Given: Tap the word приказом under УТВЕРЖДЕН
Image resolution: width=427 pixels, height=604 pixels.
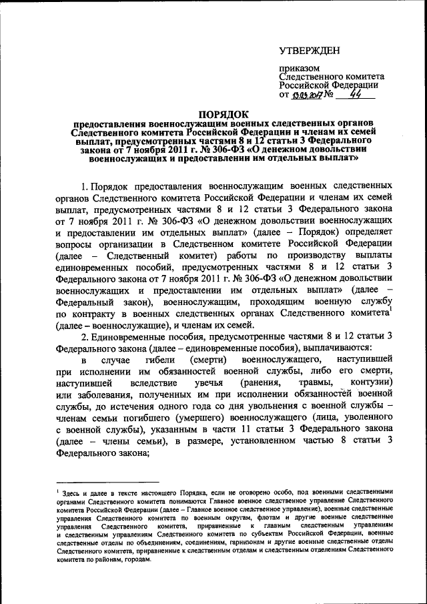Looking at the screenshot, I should click(x=298, y=68).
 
